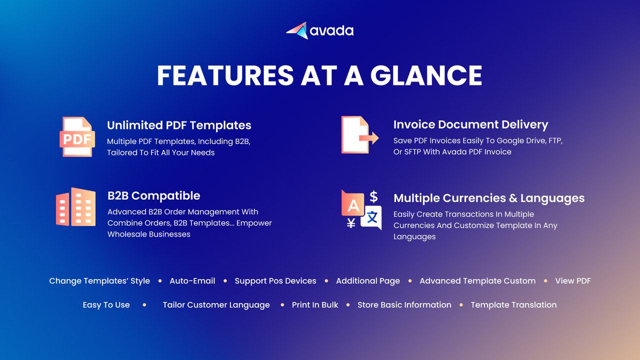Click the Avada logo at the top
tap(320, 31)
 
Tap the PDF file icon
tap(77, 137)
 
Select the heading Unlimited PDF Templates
tap(179, 125)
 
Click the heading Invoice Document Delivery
tap(470, 124)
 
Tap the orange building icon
tap(75, 207)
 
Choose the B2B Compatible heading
tap(153, 195)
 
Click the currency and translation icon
tap(361, 209)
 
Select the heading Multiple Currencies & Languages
tap(489, 198)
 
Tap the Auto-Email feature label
tap(192, 281)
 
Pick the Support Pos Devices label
tap(275, 281)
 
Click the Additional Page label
tap(368, 281)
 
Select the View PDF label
tap(573, 281)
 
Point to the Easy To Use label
tap(106, 305)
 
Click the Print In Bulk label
tap(315, 305)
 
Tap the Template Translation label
tap(513, 305)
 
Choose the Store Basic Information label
tap(404, 305)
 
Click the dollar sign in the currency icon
tap(373, 196)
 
